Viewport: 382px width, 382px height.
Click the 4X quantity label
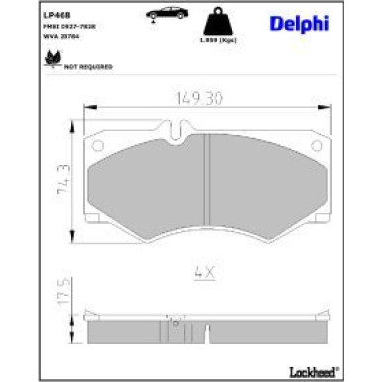204,270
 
